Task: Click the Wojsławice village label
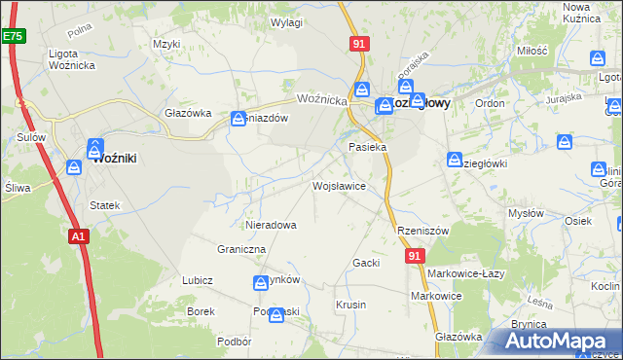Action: coord(339,185)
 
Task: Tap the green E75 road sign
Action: coord(13,36)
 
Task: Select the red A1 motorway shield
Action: coord(79,234)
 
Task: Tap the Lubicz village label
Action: coord(198,280)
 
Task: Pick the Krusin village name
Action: coord(350,305)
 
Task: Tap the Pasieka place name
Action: coord(368,147)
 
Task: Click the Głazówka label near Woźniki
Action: coord(188,113)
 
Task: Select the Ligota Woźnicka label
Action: coord(75,58)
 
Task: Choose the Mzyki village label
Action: coord(166,44)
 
